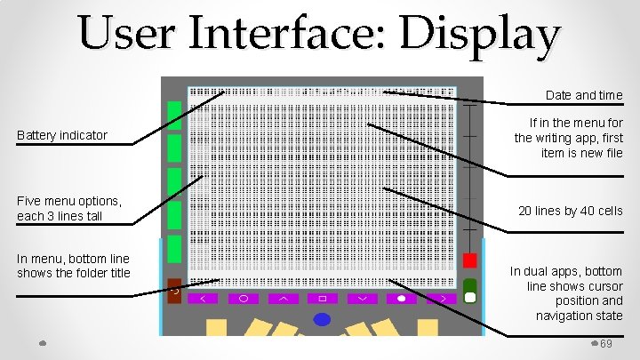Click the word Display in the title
click(x=479, y=36)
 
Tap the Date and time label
click(x=584, y=95)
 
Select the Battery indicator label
click(x=62, y=135)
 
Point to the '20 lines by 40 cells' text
click(x=571, y=211)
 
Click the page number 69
click(x=607, y=344)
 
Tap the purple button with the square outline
click(x=323, y=299)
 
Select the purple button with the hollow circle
click(x=244, y=299)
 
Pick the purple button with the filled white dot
click(x=402, y=299)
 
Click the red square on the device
click(x=470, y=260)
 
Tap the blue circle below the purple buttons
click(x=322, y=319)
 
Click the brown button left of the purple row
click(x=174, y=291)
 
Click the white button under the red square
click(x=470, y=296)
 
